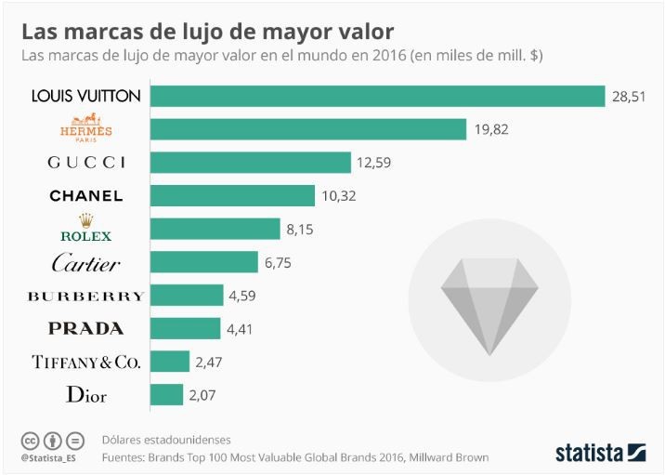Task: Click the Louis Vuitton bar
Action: click(x=377, y=96)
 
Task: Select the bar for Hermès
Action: click(x=307, y=129)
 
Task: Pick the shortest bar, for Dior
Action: click(x=166, y=395)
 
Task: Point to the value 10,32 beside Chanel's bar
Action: click(x=338, y=196)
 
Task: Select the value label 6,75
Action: click(x=278, y=263)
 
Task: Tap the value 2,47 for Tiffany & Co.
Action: click(x=209, y=363)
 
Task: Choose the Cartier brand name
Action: click(x=85, y=264)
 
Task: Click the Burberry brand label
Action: click(x=85, y=297)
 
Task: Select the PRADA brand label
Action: click(x=85, y=329)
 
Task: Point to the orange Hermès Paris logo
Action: click(x=85, y=128)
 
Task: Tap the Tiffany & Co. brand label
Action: click(x=85, y=363)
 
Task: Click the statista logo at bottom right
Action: click(x=599, y=453)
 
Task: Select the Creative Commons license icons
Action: click(x=52, y=440)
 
